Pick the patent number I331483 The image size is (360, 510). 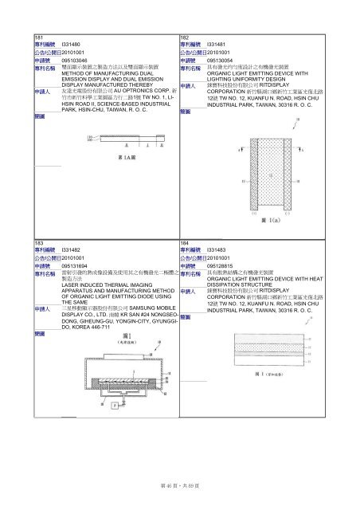coord(218,250)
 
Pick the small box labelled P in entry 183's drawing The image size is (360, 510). coord(113,407)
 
